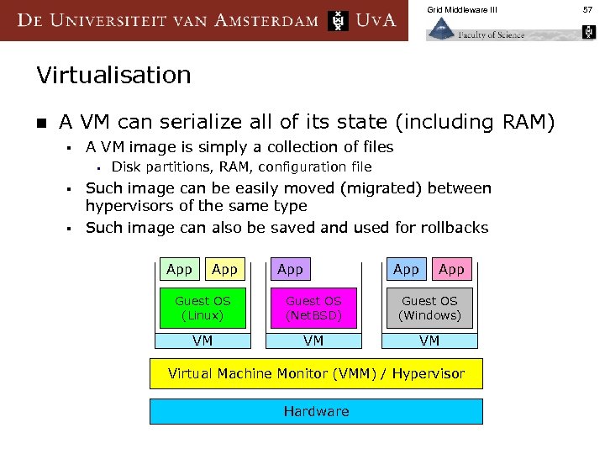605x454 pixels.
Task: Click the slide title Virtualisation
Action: [113, 76]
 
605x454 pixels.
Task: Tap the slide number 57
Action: [589, 10]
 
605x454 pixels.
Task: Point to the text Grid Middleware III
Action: [461, 10]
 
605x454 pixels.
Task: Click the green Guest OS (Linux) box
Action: [203, 308]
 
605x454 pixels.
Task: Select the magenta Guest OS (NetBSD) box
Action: [313, 308]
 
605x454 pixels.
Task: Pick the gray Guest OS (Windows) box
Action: [429, 308]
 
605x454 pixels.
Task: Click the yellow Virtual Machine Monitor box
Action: [316, 373]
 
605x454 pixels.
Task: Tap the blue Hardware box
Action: [316, 411]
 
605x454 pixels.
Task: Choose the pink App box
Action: [451, 269]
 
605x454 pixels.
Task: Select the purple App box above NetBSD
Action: [290, 269]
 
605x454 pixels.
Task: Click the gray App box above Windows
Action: [406, 269]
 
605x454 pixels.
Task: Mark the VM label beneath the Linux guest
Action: [203, 340]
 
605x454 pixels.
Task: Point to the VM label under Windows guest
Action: [429, 340]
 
